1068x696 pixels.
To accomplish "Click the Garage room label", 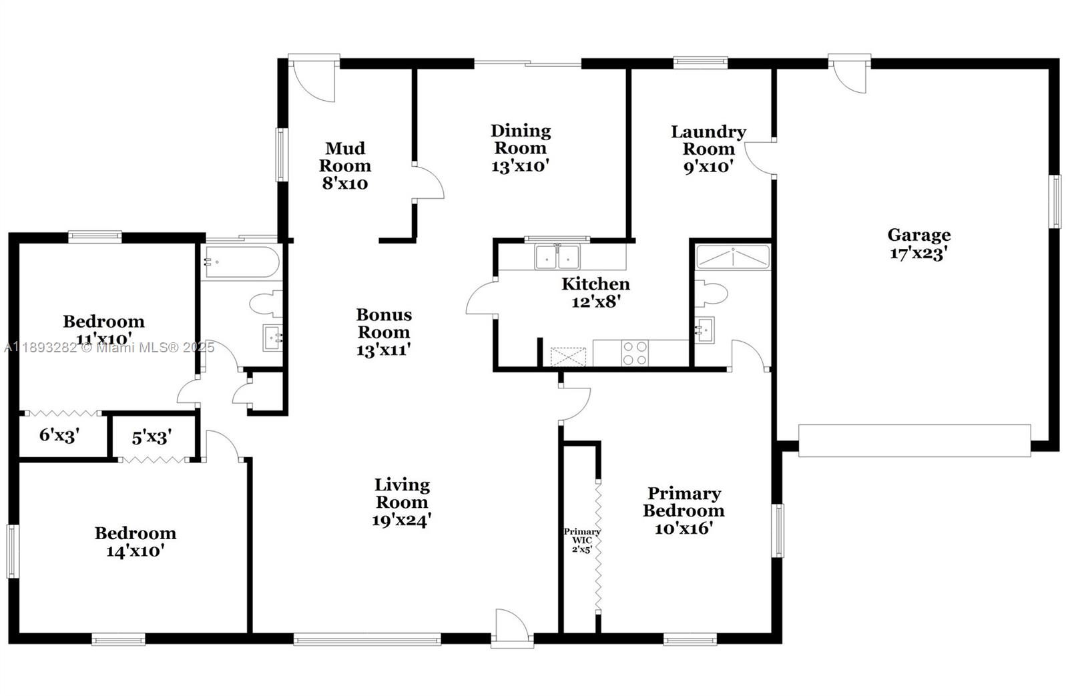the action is tap(918, 235).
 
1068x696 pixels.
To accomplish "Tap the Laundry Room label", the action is tap(708, 140).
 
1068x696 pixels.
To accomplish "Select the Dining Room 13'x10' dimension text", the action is tap(520, 166).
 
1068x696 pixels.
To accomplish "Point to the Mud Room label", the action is tap(344, 157).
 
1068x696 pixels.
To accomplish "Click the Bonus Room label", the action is tap(384, 323).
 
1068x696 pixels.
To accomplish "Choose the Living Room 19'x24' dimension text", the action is tap(401, 520).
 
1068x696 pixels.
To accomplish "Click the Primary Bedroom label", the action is tap(684, 502).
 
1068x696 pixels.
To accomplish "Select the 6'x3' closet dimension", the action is tap(59, 435).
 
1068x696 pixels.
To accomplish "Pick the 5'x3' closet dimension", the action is tap(152, 436).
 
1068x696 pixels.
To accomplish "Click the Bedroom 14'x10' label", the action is tap(136, 542).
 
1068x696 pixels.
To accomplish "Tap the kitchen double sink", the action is tap(557, 256).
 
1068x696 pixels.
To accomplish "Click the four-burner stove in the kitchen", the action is tap(635, 353).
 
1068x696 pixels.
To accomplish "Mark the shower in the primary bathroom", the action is tap(733, 257).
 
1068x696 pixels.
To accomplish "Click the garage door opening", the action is tap(914, 440).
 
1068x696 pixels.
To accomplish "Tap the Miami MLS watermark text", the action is tap(109, 348).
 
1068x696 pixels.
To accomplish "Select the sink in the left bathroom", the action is tap(272, 338).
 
